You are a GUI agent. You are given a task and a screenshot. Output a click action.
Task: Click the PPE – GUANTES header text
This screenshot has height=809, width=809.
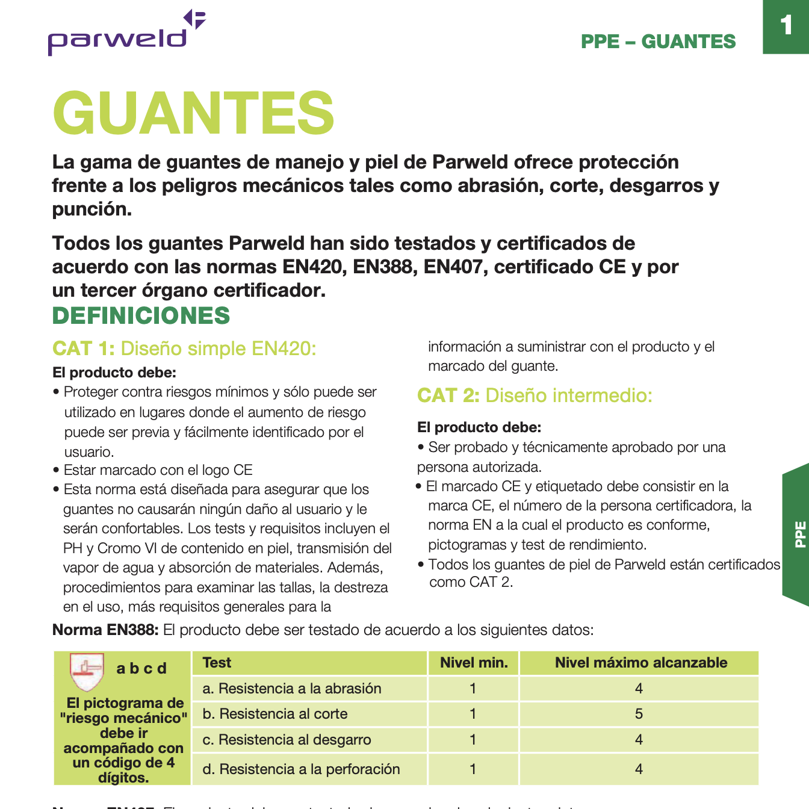click(658, 42)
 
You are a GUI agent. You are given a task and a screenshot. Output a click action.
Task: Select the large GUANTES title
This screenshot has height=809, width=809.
click(193, 113)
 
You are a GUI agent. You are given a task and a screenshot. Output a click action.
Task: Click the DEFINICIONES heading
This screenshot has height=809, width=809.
click(141, 315)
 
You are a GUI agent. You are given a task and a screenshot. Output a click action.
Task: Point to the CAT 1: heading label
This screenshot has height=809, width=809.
click(83, 349)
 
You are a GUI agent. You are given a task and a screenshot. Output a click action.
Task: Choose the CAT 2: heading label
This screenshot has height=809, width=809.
click(448, 395)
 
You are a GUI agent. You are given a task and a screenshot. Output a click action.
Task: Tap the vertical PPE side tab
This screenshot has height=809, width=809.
click(799, 534)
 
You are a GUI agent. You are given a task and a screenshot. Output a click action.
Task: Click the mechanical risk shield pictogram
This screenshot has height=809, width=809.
click(87, 671)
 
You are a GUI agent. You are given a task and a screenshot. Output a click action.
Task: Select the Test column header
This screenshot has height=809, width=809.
click(217, 663)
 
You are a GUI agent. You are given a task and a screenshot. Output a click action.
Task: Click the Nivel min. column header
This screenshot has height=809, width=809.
click(474, 663)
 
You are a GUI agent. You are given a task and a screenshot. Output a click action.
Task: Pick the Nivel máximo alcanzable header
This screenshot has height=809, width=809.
click(640, 663)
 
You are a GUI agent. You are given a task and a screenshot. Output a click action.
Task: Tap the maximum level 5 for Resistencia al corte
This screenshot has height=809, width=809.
click(639, 714)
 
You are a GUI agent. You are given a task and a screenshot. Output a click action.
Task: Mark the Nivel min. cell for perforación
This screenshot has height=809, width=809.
click(473, 769)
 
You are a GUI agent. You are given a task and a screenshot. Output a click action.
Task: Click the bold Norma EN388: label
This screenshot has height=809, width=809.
click(105, 630)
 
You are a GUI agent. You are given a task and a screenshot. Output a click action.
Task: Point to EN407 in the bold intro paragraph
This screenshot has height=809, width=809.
click(455, 267)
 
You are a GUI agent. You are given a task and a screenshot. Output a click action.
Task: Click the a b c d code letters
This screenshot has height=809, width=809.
click(141, 669)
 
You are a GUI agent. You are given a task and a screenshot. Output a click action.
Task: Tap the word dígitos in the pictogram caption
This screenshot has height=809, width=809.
click(123, 777)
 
